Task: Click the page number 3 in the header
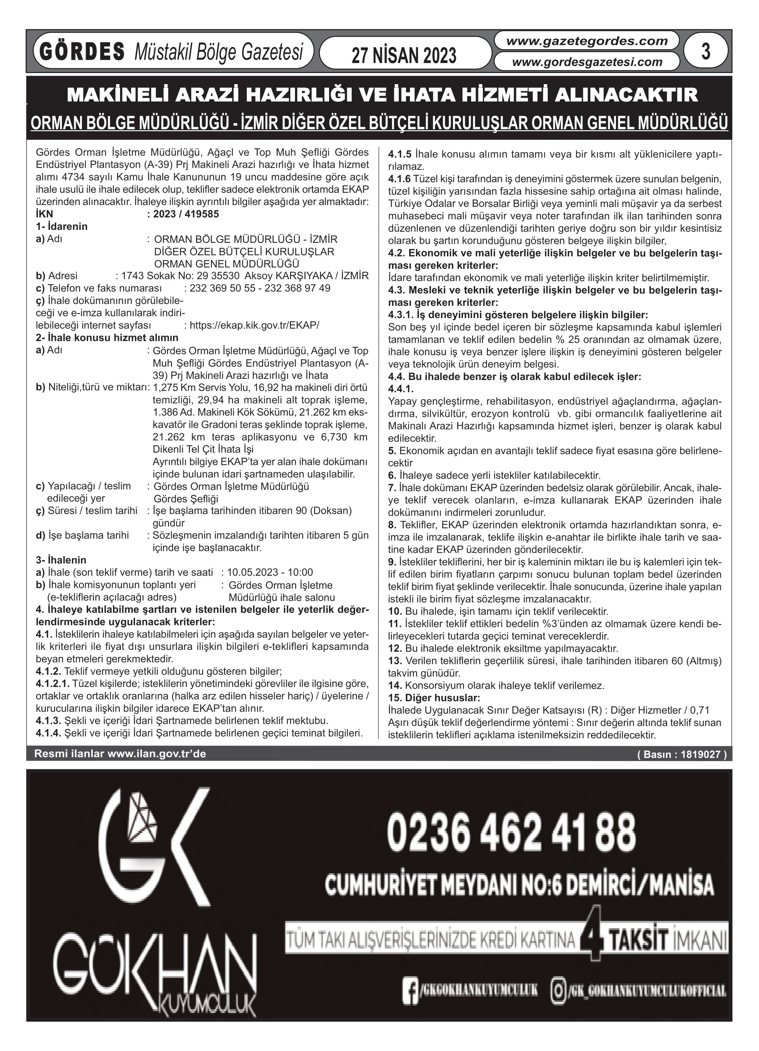click(706, 51)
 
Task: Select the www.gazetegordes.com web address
click(587, 41)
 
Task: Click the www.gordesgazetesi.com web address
click(587, 62)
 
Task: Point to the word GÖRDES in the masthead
click(82, 52)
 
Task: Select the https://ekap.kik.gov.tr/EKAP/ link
click(254, 325)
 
